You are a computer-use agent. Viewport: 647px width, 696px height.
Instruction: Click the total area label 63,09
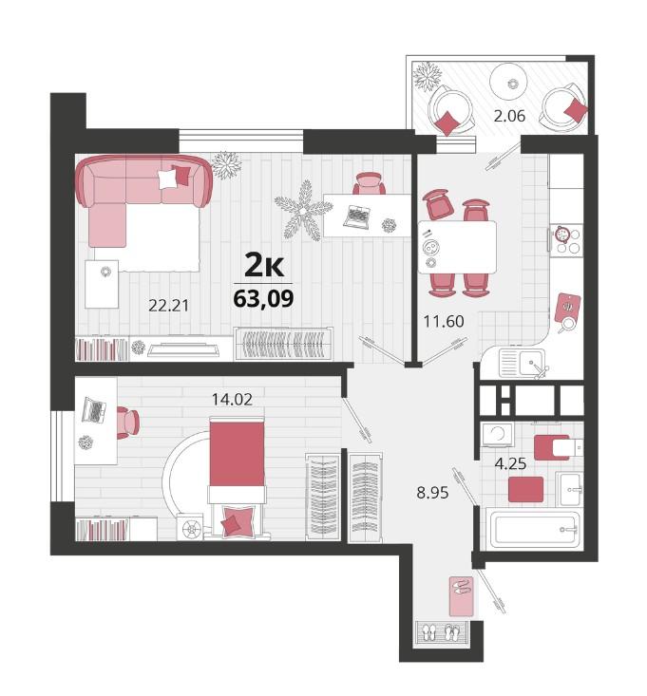263,299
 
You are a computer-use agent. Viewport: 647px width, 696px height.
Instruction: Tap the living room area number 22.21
169,306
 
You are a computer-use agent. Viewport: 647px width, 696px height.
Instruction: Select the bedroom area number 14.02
232,400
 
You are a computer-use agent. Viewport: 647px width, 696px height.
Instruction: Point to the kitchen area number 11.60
444,321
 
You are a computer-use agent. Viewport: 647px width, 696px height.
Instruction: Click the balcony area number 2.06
509,116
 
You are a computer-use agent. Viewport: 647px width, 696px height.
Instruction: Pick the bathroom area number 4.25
510,464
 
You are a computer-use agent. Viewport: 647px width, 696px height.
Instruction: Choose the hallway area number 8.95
432,492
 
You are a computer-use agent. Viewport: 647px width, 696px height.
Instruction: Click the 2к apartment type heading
264,266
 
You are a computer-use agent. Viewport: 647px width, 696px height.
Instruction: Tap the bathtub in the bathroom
535,530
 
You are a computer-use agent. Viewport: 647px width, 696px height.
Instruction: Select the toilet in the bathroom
559,447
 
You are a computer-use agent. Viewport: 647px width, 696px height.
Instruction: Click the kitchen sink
523,363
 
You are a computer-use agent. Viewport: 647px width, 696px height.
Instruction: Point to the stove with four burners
566,239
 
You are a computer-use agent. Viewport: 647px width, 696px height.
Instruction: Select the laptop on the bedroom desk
94,410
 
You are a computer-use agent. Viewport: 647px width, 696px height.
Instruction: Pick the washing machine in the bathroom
497,435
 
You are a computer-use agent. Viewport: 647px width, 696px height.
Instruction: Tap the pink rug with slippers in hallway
461,596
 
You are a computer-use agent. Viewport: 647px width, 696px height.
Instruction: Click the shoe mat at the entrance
442,632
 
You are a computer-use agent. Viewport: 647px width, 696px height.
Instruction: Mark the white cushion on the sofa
167,179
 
